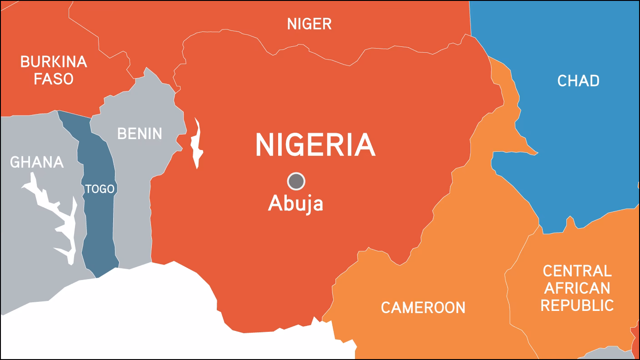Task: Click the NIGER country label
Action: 309,24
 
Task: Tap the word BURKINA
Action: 54,62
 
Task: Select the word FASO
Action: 54,79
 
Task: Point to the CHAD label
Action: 578,81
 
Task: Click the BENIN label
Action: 140,134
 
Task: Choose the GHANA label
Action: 36,162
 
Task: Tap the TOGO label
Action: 100,189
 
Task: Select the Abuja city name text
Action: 295,203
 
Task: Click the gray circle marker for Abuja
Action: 296,181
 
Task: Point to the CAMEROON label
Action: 423,308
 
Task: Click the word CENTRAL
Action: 577,271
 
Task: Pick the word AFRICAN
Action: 577,288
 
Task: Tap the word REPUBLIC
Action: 577,305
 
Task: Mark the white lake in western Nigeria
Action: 197,145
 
